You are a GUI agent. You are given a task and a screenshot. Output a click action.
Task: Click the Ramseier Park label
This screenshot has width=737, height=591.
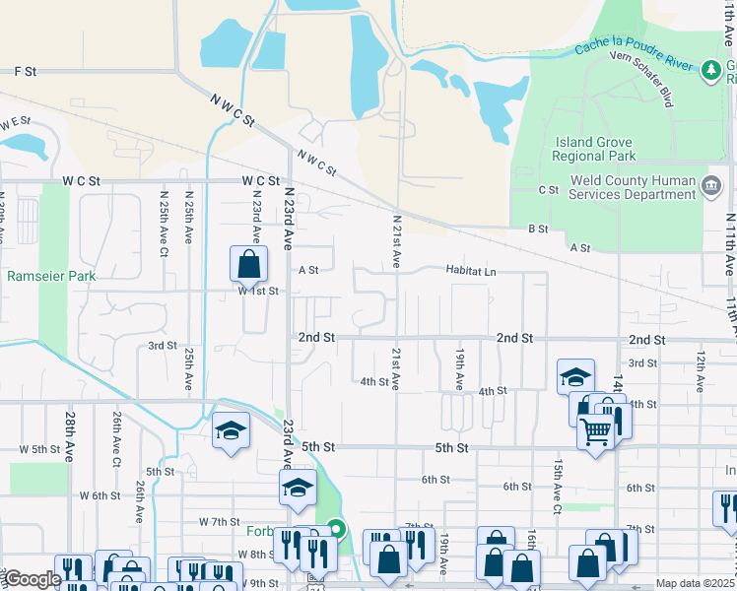tap(51, 276)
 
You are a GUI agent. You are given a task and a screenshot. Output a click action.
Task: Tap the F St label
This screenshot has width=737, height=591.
tap(26, 72)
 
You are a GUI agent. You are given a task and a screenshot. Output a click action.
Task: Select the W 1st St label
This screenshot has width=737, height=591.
tap(259, 291)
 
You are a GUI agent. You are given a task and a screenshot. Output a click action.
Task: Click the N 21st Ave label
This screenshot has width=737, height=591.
tap(397, 241)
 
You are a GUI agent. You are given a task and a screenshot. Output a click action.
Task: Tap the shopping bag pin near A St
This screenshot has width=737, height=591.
tap(249, 264)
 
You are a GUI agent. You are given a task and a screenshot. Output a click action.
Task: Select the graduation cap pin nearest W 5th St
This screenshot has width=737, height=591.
tap(231, 431)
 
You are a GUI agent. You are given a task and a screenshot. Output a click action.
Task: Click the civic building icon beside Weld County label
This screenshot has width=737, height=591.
tap(710, 185)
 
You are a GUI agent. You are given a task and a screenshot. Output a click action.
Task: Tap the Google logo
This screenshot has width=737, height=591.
tap(32, 579)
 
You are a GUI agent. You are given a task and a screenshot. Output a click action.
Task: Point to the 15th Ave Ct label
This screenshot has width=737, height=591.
tap(558, 487)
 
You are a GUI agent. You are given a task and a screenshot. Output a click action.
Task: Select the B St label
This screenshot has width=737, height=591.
tap(537, 229)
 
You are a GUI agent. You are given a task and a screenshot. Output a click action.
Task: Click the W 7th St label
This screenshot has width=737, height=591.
tap(219, 521)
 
